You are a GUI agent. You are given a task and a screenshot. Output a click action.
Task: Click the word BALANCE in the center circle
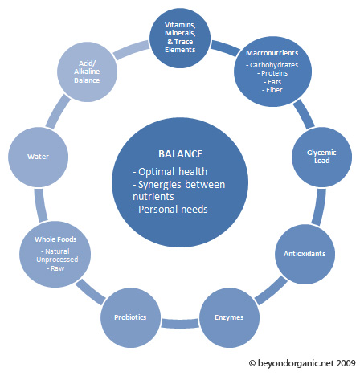tap(180, 154)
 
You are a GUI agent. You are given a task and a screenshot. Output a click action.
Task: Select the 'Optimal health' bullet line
tap(170, 172)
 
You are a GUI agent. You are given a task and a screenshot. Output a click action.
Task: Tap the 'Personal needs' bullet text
tap(170, 210)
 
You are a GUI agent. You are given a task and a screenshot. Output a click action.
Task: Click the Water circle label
tap(38, 157)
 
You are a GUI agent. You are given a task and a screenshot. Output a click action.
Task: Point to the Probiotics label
tap(130, 317)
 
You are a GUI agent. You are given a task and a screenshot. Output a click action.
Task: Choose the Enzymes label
tap(229, 317)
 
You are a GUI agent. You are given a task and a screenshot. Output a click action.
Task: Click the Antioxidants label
tap(305, 254)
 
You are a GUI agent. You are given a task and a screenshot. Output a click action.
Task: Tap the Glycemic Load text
tap(321, 157)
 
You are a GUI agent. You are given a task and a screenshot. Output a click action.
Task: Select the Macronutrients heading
tap(272, 53)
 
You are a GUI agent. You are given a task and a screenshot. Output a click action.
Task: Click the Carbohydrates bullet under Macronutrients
tap(272, 65)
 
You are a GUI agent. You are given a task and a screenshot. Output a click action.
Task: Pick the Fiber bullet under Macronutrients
tap(272, 90)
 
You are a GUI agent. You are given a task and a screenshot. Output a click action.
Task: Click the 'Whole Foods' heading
tap(55, 239)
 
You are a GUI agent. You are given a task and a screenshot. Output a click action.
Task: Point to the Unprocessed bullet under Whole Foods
tap(55, 260)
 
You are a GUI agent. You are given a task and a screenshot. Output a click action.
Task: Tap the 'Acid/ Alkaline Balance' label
tap(87, 72)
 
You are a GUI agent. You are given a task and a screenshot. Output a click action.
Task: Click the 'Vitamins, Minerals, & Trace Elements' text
tap(180, 37)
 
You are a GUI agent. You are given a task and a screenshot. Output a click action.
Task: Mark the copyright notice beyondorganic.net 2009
tap(302, 363)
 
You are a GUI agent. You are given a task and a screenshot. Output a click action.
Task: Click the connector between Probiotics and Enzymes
tap(180, 324)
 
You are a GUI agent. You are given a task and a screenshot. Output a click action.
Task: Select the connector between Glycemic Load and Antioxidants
tap(319, 206)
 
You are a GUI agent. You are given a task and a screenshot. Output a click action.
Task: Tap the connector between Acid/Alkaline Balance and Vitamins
tap(131, 50)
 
